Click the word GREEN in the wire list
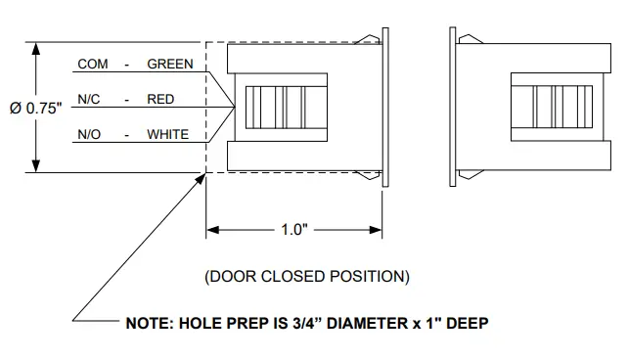(170, 64)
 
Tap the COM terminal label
(93, 64)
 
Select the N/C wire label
(89, 99)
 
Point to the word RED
(160, 99)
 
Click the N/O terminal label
(89, 134)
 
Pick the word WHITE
(167, 134)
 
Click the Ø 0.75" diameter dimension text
(37, 109)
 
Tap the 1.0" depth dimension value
(294, 231)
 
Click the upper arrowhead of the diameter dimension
(36, 48)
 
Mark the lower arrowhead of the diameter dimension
(36, 167)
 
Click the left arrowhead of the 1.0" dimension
(212, 231)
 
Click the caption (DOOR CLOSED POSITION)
(306, 276)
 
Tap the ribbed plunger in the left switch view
(276, 109)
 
